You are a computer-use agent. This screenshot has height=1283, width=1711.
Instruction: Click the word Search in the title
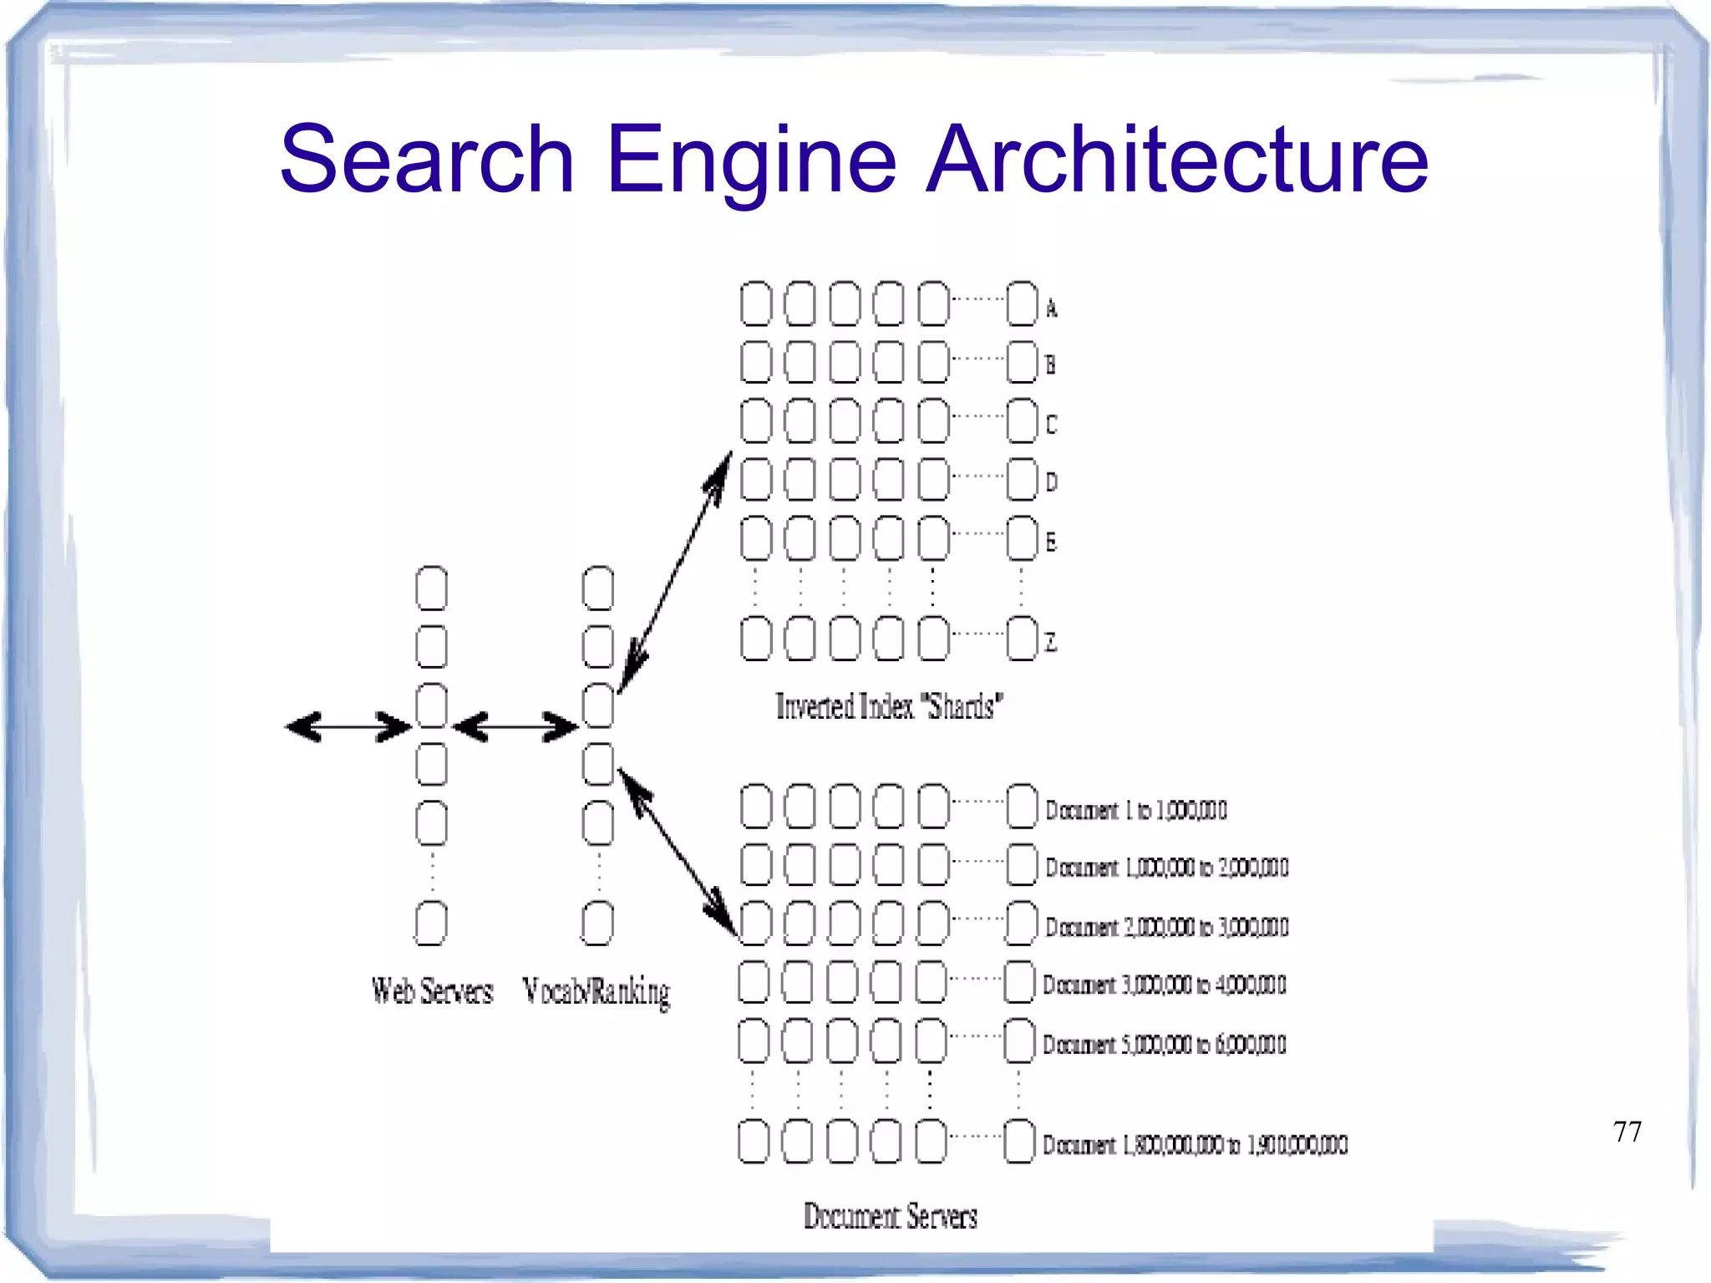coord(427,159)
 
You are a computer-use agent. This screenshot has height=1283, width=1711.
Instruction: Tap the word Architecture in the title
coord(1177,159)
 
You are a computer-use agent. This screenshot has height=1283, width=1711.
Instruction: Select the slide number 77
coord(1627,1132)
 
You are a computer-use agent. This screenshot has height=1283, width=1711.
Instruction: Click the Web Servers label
coord(432,991)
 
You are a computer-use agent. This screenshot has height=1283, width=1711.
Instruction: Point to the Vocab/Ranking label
coord(596,992)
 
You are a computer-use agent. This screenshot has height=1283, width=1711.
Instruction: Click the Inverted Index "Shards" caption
coord(889,707)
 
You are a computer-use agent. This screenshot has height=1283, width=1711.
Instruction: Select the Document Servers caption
coord(890,1216)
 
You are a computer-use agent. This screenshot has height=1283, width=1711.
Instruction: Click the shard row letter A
coord(1052,309)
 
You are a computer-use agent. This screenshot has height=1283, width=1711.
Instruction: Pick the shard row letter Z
coord(1051,643)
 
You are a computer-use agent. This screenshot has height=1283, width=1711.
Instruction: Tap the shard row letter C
coord(1051,425)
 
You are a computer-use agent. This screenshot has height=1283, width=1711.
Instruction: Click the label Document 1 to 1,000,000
coord(1135,811)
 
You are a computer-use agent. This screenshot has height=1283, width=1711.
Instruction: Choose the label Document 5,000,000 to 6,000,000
coord(1164,1045)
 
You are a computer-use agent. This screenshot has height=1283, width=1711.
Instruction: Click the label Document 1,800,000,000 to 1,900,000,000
coord(1195,1145)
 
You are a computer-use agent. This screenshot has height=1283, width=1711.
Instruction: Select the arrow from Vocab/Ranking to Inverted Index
coord(675,573)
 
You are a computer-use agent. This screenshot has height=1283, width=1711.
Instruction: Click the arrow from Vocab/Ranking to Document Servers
coord(678,853)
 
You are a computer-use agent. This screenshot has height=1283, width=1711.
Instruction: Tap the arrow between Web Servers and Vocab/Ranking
coord(515,726)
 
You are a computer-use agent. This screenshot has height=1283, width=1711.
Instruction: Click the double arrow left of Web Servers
coord(348,726)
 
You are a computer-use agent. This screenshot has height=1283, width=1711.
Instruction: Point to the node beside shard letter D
coord(1022,479)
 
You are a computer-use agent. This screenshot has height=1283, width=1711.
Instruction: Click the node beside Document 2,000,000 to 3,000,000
coord(1022,923)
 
